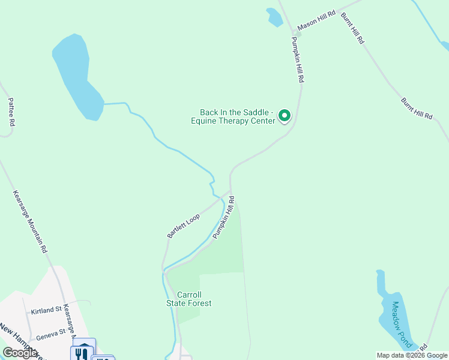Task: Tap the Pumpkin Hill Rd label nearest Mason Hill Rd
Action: (298, 60)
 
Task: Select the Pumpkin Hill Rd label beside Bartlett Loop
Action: (223, 215)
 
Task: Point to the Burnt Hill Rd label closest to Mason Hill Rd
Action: (352, 28)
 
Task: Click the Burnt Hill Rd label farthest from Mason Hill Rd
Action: (417, 107)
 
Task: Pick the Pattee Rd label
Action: (11, 112)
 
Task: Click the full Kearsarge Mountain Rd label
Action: (30, 221)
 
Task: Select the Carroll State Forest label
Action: (189, 299)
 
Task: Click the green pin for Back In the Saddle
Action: (285, 115)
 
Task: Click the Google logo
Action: (20, 353)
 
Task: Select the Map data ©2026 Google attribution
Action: (412, 355)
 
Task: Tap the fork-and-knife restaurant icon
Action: (83, 352)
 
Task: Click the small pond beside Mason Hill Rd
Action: (274, 17)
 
